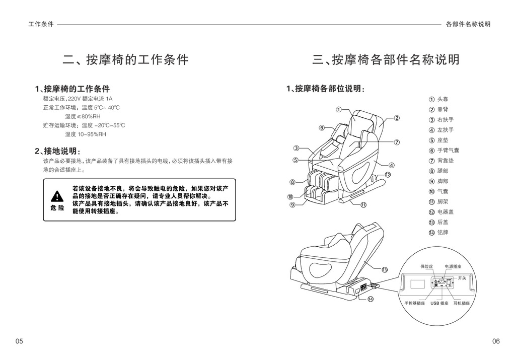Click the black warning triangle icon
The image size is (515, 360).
coord(57,196)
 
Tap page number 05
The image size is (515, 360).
coord(19,341)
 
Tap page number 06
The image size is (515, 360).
coord(496,341)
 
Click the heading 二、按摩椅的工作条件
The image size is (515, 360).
coord(126,59)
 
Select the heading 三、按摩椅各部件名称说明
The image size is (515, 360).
coord(386,59)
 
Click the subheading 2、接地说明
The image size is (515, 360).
coord(58,151)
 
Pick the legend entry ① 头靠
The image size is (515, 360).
coord(438,99)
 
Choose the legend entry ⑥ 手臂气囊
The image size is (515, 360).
coord(444,151)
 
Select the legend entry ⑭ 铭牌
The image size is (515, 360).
coord(438,233)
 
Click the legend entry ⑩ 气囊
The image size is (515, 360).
coord(438,191)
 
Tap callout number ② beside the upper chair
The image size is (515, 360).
coord(397,118)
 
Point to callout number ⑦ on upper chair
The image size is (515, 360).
coord(397,142)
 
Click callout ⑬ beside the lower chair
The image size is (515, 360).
coord(385,270)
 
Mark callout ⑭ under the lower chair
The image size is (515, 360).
coord(371,299)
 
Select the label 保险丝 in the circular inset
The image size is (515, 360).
coord(426,267)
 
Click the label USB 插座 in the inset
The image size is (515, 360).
coord(439,303)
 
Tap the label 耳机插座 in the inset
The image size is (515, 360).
coord(462,303)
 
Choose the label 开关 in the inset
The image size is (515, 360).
coord(462,278)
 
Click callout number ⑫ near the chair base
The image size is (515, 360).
coord(388,175)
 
